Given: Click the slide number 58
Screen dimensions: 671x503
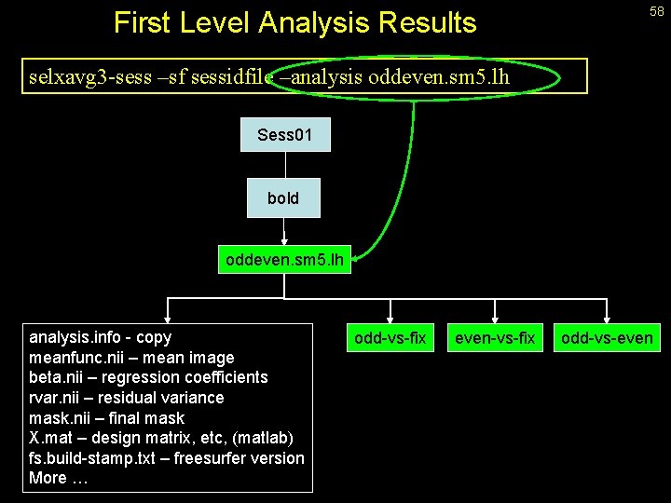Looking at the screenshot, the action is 657,10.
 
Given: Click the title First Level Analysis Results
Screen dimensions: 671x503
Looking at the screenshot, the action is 294,22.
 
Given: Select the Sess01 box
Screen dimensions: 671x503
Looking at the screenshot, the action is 283,135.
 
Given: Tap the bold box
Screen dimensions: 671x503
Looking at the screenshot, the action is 283,197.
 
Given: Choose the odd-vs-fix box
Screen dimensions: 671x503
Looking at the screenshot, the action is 390,337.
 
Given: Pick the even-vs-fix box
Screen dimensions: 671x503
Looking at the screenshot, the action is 494,337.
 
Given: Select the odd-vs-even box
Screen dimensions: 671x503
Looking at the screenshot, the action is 607,337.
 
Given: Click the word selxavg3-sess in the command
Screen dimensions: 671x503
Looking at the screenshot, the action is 78,76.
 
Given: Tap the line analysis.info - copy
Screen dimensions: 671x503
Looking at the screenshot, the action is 101,337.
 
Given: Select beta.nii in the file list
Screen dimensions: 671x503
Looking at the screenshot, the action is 57,377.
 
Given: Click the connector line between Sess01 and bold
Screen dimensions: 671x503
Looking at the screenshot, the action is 283,164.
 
